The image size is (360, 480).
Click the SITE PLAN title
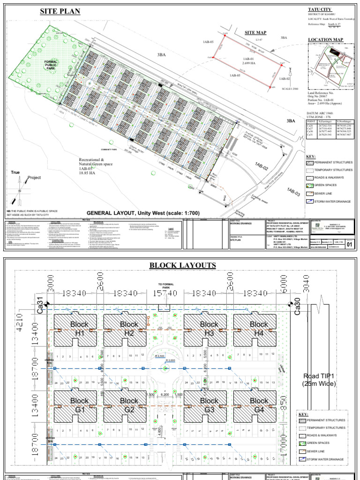(60, 11)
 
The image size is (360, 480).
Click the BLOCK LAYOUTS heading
(183, 266)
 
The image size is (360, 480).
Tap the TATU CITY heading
(320, 9)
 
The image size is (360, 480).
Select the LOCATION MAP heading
(325, 39)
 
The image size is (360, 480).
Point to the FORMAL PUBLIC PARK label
(51, 65)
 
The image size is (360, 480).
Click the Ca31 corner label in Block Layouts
(40, 306)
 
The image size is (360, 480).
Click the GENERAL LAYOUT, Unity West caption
(143, 213)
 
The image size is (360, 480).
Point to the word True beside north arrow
(16, 173)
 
